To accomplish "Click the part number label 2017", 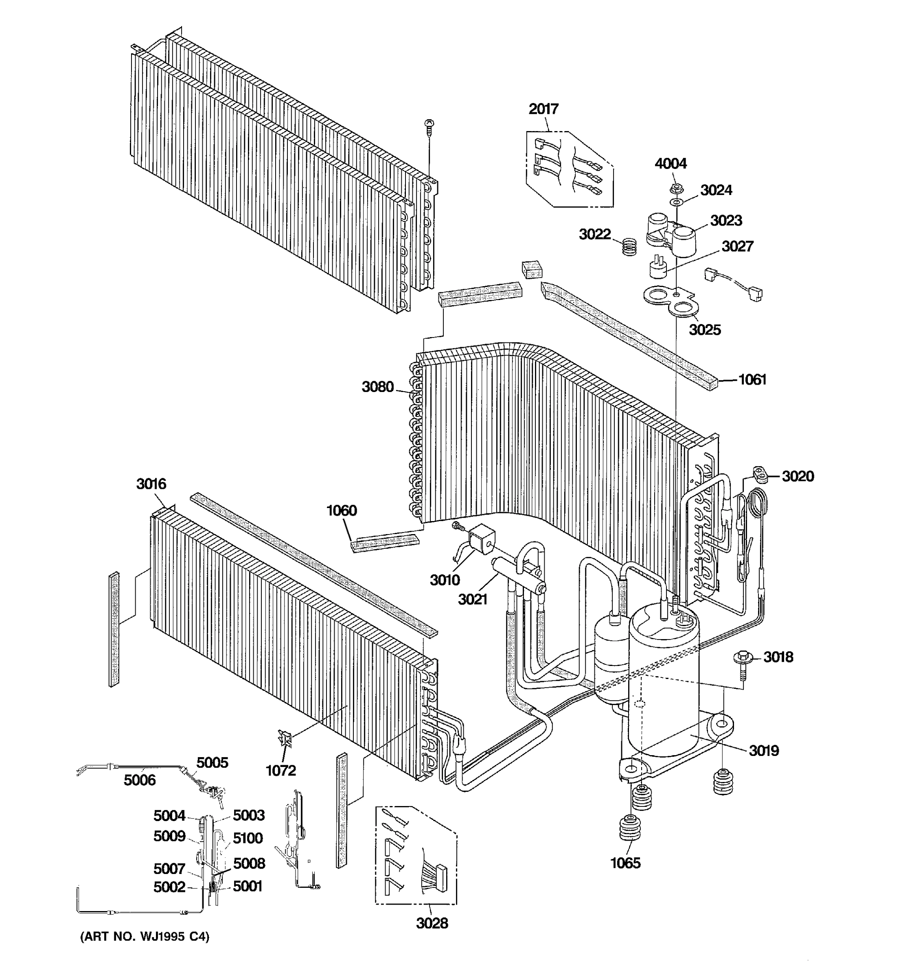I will pos(543,109).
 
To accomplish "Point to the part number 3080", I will pos(377,387).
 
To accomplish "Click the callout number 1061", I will pos(752,379).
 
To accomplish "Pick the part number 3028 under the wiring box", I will pos(432,923).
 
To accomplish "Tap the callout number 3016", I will pos(151,484).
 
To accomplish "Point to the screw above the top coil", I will pos(429,125).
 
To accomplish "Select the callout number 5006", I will pos(140,780).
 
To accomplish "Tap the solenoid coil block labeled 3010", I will pos(480,540).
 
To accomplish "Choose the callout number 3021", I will pos(472,599).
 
